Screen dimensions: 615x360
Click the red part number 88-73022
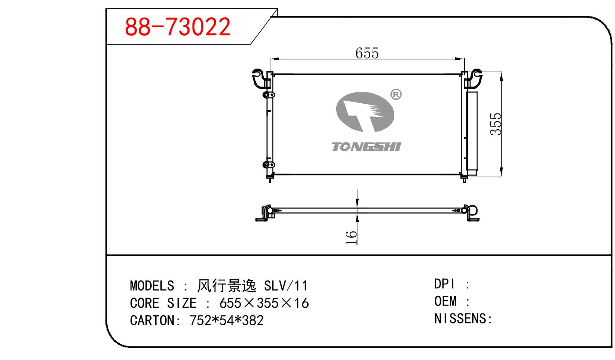178,27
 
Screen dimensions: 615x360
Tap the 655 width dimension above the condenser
367,53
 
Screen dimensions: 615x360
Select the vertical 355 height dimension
495,124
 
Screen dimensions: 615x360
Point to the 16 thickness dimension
351,237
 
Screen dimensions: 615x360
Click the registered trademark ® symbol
396,95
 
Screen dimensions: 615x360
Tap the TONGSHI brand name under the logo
366,147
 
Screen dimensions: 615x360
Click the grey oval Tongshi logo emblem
365,112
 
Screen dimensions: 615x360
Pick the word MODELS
152,286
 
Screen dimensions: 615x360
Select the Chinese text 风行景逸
227,286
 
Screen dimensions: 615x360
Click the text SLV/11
286,286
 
